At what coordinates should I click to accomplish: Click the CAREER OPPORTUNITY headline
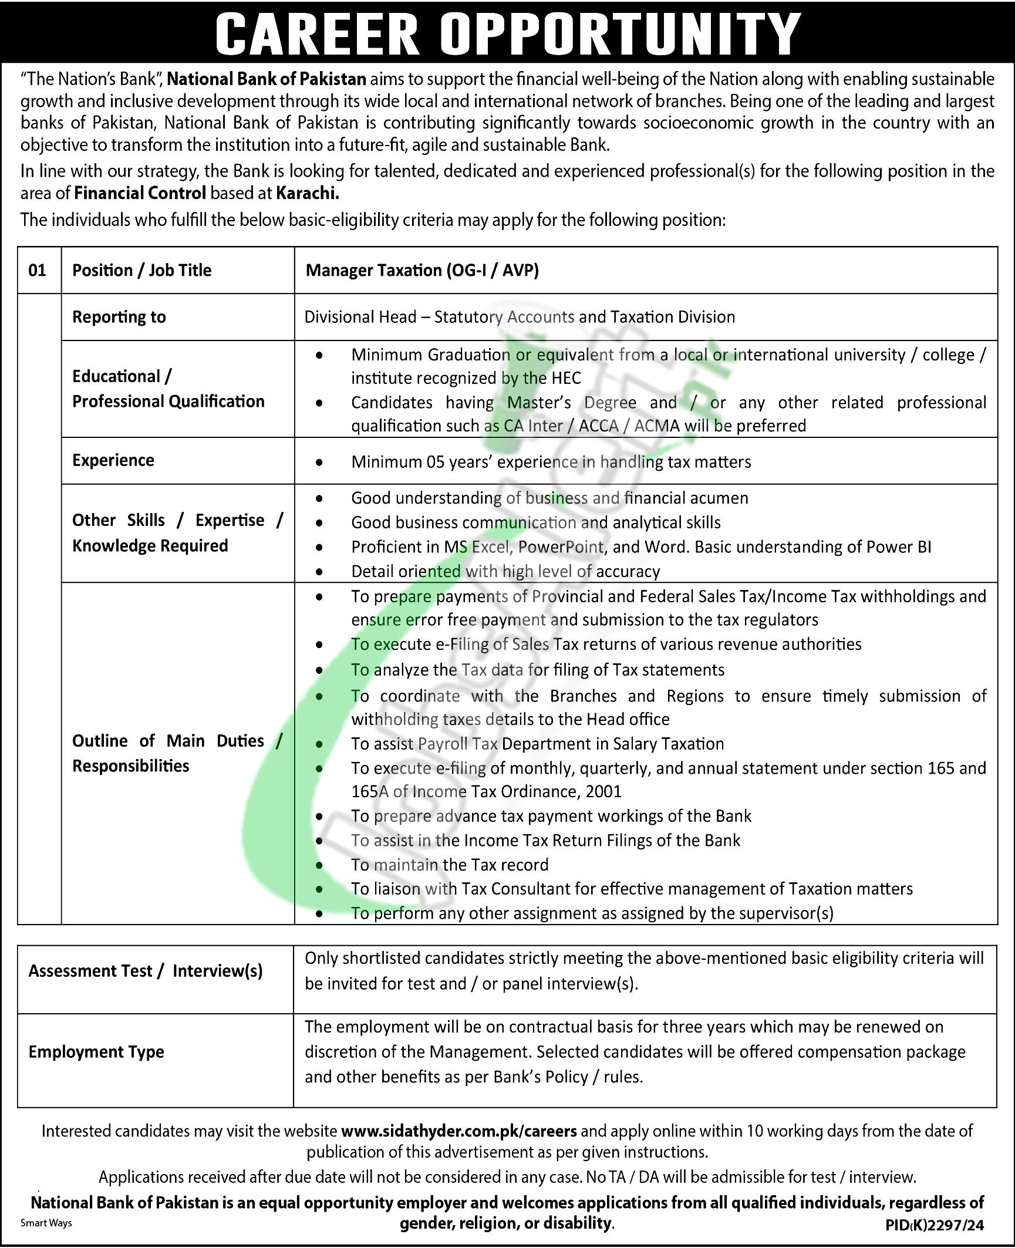(507, 33)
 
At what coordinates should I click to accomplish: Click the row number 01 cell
(37, 271)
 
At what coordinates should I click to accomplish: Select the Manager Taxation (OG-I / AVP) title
(422, 271)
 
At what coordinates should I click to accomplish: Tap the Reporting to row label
(119, 317)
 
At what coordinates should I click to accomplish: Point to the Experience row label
(113, 460)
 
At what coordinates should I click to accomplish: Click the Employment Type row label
(96, 1051)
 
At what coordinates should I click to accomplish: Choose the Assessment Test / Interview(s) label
(146, 971)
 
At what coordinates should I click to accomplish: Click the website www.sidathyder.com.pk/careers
(458, 1131)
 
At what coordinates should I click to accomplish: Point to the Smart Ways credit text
(46, 1223)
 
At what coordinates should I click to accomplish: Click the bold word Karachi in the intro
(308, 193)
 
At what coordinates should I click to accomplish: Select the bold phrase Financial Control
(140, 193)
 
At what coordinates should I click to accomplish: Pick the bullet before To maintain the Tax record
(319, 866)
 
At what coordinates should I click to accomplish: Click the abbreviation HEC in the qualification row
(566, 379)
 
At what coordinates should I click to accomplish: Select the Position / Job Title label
(141, 271)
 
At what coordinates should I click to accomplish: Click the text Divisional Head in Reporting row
(360, 317)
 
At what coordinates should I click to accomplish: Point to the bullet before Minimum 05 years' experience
(319, 463)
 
